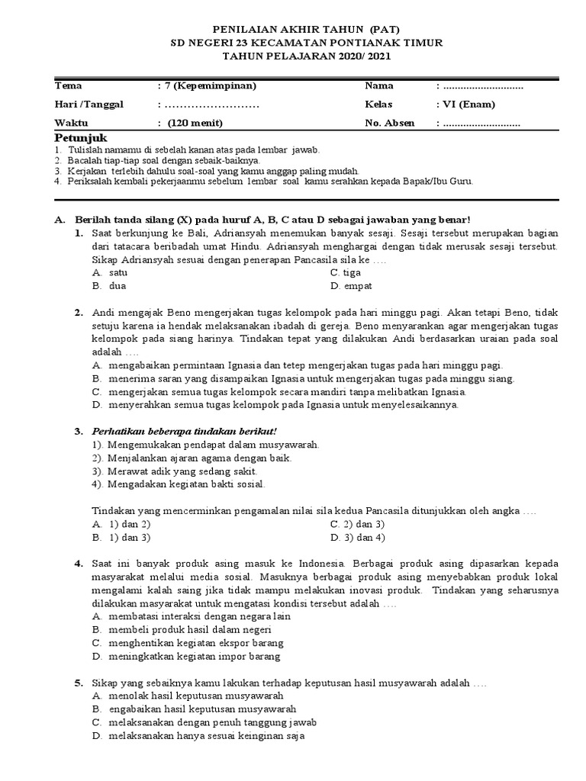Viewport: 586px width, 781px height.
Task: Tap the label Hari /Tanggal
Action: pyautogui.click(x=89, y=104)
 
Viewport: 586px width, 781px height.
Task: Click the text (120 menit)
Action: pyautogui.click(x=196, y=122)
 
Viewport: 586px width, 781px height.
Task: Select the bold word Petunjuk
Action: pyautogui.click(x=81, y=138)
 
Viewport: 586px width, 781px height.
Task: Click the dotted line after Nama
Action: pyautogui.click(x=483, y=85)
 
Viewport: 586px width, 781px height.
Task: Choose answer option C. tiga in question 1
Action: pyautogui.click(x=346, y=272)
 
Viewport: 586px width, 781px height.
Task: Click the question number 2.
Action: pyautogui.click(x=79, y=313)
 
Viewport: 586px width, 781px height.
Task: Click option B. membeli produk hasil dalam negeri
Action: pyautogui.click(x=181, y=629)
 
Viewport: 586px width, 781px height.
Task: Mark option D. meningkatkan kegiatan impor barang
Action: pyautogui.click(x=185, y=656)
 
